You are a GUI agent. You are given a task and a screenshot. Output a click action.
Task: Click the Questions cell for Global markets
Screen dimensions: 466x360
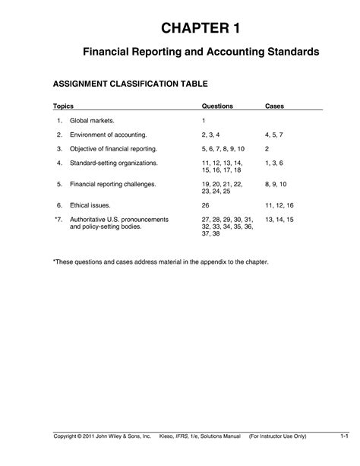(204, 121)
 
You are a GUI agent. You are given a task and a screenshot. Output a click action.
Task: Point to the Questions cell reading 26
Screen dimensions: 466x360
(206, 206)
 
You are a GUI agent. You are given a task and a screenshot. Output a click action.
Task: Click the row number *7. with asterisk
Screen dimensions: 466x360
(58, 220)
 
